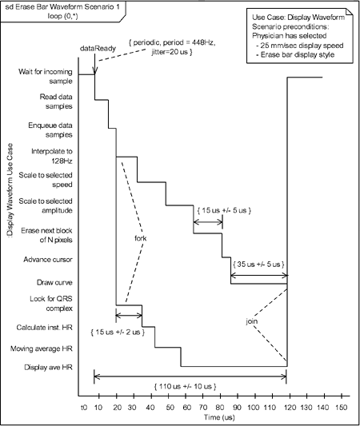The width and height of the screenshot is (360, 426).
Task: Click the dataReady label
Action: click(x=98, y=49)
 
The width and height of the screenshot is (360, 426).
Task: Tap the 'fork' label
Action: click(x=140, y=238)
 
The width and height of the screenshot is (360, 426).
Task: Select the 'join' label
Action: click(x=252, y=321)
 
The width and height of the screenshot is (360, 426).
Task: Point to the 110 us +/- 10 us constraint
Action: click(x=185, y=386)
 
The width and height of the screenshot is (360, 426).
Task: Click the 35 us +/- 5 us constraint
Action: click(x=258, y=264)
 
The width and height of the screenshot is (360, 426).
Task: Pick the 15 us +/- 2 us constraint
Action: click(x=118, y=332)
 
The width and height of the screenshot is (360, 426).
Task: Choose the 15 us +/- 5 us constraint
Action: click(x=224, y=210)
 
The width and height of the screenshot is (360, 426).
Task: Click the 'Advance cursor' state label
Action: click(x=48, y=260)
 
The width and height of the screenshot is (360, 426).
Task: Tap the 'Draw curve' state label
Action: click(x=54, y=283)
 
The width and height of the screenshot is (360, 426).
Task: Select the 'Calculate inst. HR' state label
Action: click(x=45, y=328)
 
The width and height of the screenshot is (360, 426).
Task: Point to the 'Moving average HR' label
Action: click(x=42, y=348)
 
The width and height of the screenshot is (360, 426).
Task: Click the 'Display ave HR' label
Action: click(x=48, y=368)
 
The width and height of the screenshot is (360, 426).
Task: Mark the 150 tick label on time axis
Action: click(x=342, y=408)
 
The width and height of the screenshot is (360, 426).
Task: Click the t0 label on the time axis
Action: click(x=84, y=408)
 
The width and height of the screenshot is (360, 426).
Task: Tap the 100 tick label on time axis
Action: click(x=254, y=408)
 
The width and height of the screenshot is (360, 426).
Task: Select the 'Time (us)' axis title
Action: click(x=219, y=417)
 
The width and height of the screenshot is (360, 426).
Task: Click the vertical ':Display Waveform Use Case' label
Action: click(x=10, y=190)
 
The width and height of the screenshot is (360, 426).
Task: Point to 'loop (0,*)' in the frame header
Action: click(x=63, y=16)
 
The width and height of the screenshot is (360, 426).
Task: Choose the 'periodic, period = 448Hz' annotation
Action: click(x=172, y=43)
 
